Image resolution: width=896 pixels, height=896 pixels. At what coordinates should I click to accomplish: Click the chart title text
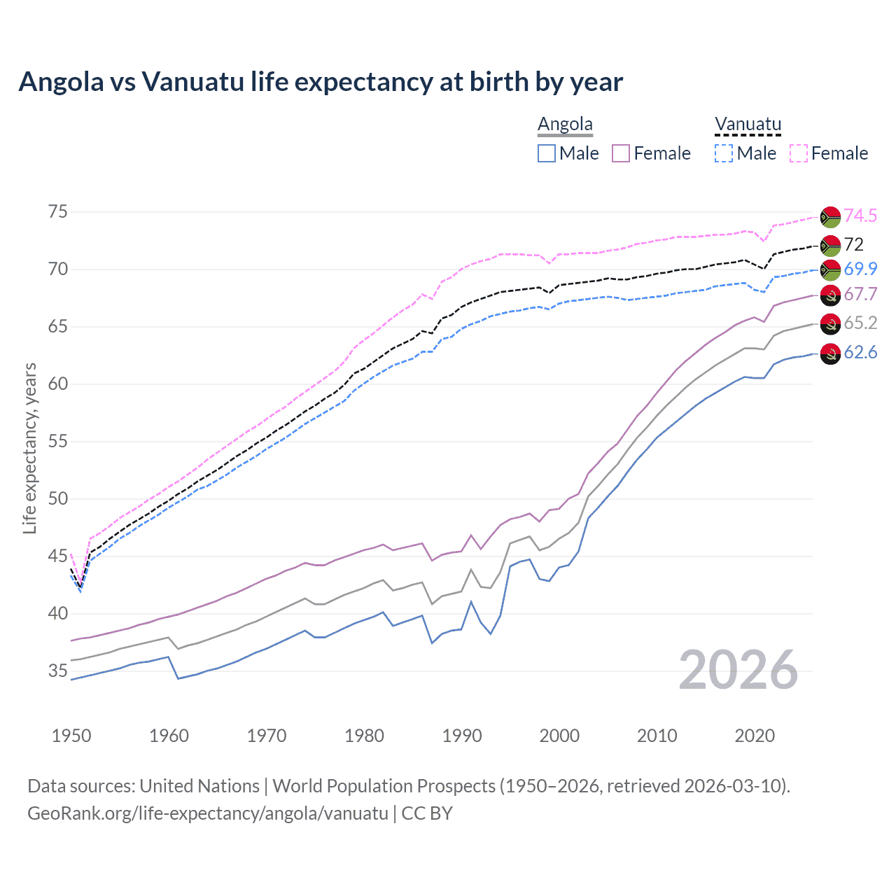(x=321, y=82)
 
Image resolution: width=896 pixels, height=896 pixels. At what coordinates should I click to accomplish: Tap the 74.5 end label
(x=860, y=216)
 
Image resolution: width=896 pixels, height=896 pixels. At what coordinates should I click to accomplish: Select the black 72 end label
(x=853, y=244)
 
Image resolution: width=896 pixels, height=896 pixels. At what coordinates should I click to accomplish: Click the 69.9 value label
(x=860, y=269)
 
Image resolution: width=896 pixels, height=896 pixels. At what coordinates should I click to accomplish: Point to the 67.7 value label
(x=860, y=294)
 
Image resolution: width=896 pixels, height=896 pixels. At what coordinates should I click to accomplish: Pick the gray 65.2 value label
(x=860, y=323)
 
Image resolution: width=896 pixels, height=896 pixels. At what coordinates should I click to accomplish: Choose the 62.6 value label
(x=860, y=352)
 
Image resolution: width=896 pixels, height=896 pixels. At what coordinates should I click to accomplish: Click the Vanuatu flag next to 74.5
(x=830, y=217)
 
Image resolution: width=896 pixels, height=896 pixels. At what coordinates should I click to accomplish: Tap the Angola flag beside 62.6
(x=830, y=353)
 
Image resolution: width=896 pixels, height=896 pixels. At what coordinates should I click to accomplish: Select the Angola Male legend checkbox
(x=547, y=153)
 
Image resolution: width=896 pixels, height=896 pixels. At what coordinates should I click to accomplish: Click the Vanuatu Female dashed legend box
(x=799, y=153)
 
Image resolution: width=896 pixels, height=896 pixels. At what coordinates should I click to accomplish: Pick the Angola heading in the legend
(x=565, y=125)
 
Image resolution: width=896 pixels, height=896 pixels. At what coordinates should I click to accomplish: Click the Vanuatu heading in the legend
(x=748, y=125)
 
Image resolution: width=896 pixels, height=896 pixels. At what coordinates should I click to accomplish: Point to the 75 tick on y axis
(x=58, y=212)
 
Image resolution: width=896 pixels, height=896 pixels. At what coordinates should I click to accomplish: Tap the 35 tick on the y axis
(x=58, y=671)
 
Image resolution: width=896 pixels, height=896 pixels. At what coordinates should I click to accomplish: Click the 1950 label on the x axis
(x=71, y=736)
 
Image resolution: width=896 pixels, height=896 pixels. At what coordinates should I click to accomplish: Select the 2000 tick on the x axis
(x=559, y=736)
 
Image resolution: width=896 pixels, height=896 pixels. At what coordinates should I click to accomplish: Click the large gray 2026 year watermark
(x=738, y=670)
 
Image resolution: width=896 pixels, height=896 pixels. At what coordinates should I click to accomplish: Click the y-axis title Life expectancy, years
(x=29, y=448)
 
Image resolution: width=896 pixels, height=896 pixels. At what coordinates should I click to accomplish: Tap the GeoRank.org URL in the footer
(x=207, y=813)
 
